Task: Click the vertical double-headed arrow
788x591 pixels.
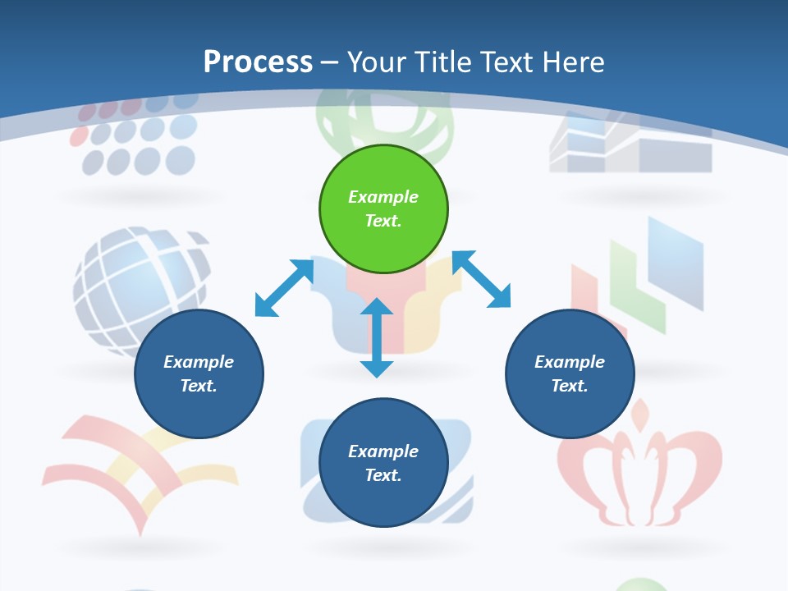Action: pyautogui.click(x=377, y=337)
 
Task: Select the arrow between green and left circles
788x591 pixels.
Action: pyautogui.click(x=284, y=288)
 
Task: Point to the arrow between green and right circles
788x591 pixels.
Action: pyautogui.click(x=481, y=279)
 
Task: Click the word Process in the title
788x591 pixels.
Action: pyautogui.click(x=258, y=62)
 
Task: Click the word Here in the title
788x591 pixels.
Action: pyautogui.click(x=572, y=62)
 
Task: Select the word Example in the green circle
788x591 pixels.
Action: pyautogui.click(x=383, y=197)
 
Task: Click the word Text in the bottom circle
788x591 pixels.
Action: pyautogui.click(x=382, y=475)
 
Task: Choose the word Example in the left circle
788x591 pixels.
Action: pyautogui.click(x=199, y=362)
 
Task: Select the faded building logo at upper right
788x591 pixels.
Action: pyautogui.click(x=630, y=144)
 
